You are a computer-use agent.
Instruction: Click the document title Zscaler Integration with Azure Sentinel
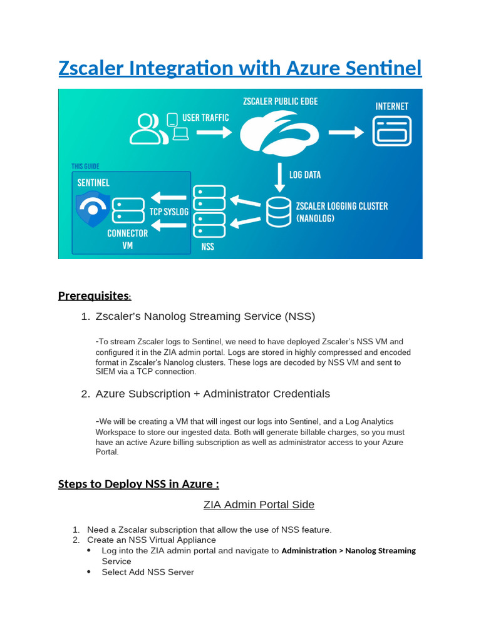coord(240,68)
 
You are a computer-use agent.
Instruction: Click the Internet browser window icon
coord(391,131)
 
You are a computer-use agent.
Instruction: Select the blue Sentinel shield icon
coord(93,209)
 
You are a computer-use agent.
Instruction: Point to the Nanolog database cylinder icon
coord(278,213)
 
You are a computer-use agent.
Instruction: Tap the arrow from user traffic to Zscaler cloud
coord(214,133)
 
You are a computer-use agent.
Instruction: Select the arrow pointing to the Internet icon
coord(346,132)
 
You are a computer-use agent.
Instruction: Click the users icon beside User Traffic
coord(148,128)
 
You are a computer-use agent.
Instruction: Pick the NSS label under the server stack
coord(208,247)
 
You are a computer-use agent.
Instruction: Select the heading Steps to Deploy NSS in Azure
coord(138,484)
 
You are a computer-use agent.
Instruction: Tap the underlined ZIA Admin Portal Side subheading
coord(259,505)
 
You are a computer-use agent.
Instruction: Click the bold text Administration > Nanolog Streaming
coord(348,551)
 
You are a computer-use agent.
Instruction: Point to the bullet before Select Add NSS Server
coord(89,572)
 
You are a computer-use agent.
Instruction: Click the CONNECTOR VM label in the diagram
coord(128,239)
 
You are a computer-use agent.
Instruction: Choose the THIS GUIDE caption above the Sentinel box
coord(85,167)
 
